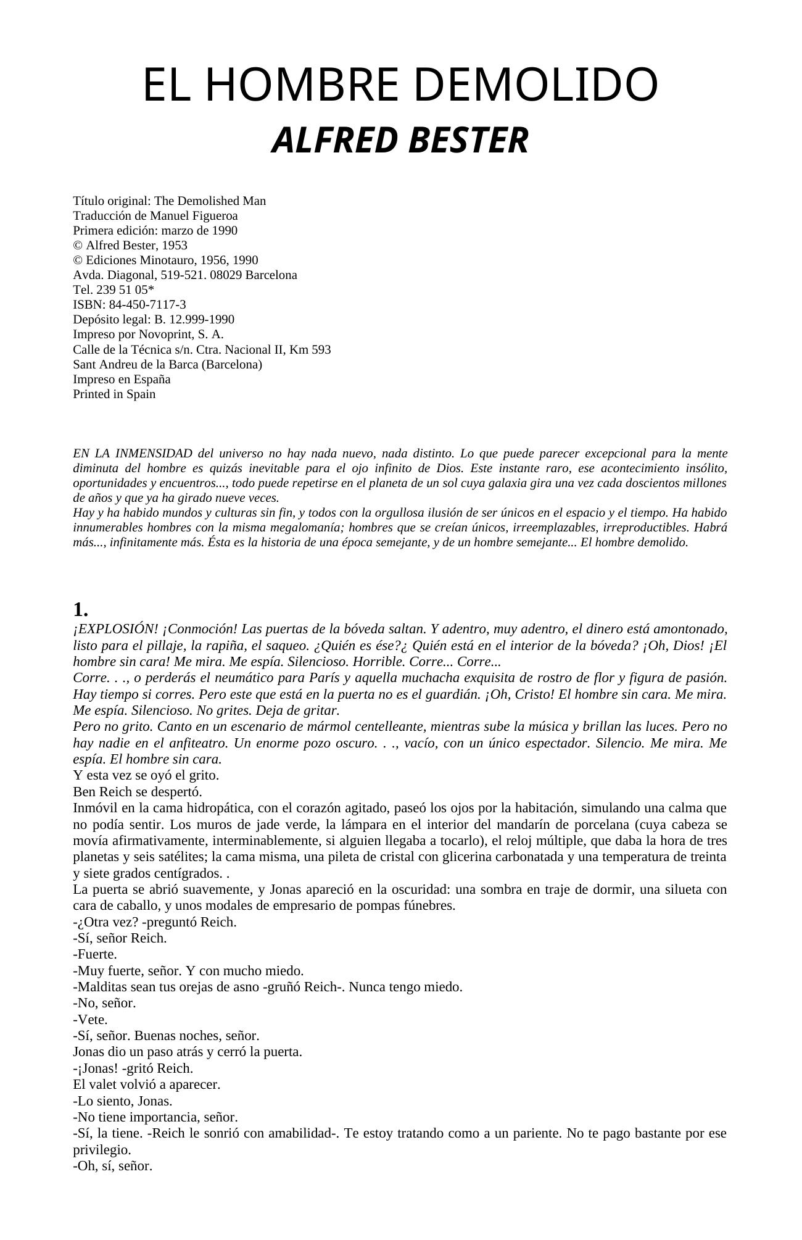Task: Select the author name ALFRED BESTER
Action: (x=400, y=140)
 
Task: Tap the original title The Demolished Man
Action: (x=210, y=201)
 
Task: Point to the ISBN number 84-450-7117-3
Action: (x=147, y=304)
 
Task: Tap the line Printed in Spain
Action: (x=114, y=394)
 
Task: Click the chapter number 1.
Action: (x=80, y=610)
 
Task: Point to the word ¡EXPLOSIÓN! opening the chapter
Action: (x=115, y=629)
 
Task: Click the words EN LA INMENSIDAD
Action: (x=133, y=453)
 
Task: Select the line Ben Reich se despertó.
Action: (x=138, y=791)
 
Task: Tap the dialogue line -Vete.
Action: (x=90, y=1019)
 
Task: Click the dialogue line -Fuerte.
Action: (x=95, y=954)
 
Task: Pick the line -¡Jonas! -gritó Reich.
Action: (x=133, y=1068)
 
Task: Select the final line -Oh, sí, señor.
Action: (x=112, y=1166)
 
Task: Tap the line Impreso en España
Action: (x=122, y=379)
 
